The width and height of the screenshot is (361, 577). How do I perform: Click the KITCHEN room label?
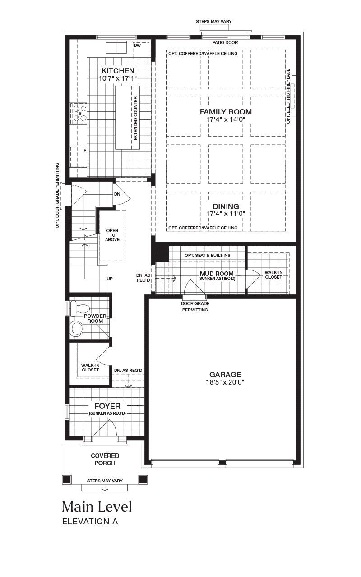pyautogui.click(x=118, y=71)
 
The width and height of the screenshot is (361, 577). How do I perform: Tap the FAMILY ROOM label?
pyautogui.click(x=226, y=112)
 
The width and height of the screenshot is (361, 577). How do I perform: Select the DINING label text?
pyautogui.click(x=226, y=206)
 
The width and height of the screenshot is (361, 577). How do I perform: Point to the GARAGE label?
pyautogui.click(x=225, y=375)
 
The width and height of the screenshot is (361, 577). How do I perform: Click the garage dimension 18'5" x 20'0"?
pyautogui.click(x=225, y=382)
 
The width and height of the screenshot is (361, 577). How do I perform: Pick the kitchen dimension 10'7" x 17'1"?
pyautogui.click(x=118, y=78)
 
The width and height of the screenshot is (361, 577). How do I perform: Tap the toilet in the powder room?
pyautogui.click(x=79, y=308)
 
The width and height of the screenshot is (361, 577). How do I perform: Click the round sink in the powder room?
pyautogui.click(x=77, y=329)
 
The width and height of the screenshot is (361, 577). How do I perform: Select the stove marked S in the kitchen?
pyautogui.click(x=79, y=114)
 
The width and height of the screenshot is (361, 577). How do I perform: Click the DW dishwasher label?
pyautogui.click(x=138, y=46)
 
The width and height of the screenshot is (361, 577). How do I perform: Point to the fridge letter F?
pyautogui.click(x=84, y=151)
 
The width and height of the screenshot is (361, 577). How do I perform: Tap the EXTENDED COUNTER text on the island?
pyautogui.click(x=136, y=118)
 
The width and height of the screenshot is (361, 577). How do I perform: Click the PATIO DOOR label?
pyautogui.click(x=225, y=42)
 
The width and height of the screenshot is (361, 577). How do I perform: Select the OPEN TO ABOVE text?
pyautogui.click(x=112, y=235)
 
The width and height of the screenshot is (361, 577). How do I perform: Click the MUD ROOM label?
pyautogui.click(x=217, y=274)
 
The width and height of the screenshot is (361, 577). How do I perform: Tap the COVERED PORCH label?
pyautogui.click(x=105, y=459)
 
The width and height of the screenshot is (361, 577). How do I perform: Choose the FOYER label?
pyautogui.click(x=107, y=406)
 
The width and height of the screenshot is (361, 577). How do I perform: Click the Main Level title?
pyautogui.click(x=97, y=507)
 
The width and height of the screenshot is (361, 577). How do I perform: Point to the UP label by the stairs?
pyautogui.click(x=110, y=279)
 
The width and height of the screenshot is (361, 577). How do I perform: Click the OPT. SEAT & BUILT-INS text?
pyautogui.click(x=208, y=256)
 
